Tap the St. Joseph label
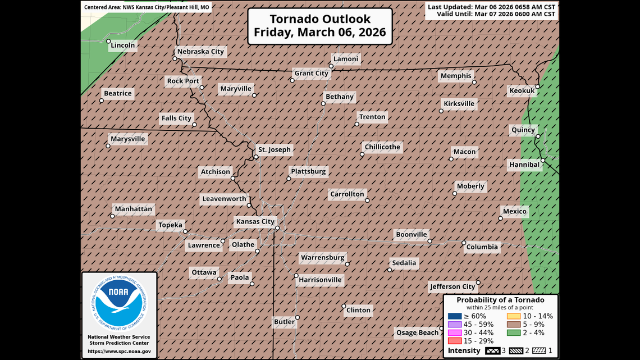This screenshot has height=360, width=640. coord(274,150)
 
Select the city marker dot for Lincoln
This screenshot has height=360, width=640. coord(108,41)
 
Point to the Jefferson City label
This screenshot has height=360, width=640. coord(452,287)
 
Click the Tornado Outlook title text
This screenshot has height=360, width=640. coord(320,26)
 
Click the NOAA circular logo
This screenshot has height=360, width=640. coord(118,303)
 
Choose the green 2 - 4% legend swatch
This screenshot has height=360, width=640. coord(513,332)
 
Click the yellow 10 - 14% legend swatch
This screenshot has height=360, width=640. coord(513,316)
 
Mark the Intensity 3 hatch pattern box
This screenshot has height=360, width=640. coord(492,351)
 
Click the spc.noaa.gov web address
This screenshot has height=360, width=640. coord(119,352)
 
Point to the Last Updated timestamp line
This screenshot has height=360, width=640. coord(491,7)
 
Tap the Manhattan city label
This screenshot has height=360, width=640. coord(133,209)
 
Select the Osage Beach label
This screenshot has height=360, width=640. coord(417,333)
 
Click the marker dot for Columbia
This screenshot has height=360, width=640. coord(464,243)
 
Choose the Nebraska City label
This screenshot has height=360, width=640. coord(200,52)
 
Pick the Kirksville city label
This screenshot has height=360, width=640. coord(459,104)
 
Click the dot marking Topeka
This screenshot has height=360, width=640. coord(185,231)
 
